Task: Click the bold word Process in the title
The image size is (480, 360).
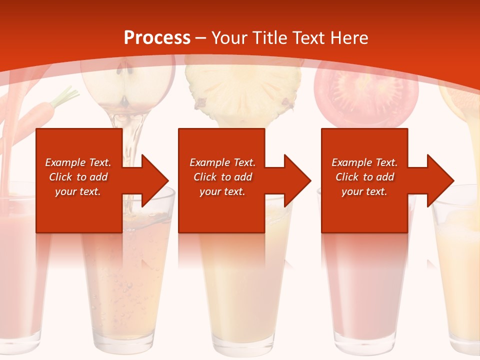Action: [156, 37]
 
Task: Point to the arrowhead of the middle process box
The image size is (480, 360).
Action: [298, 180]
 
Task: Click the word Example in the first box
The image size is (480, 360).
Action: [64, 162]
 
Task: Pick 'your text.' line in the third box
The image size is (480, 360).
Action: [364, 191]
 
